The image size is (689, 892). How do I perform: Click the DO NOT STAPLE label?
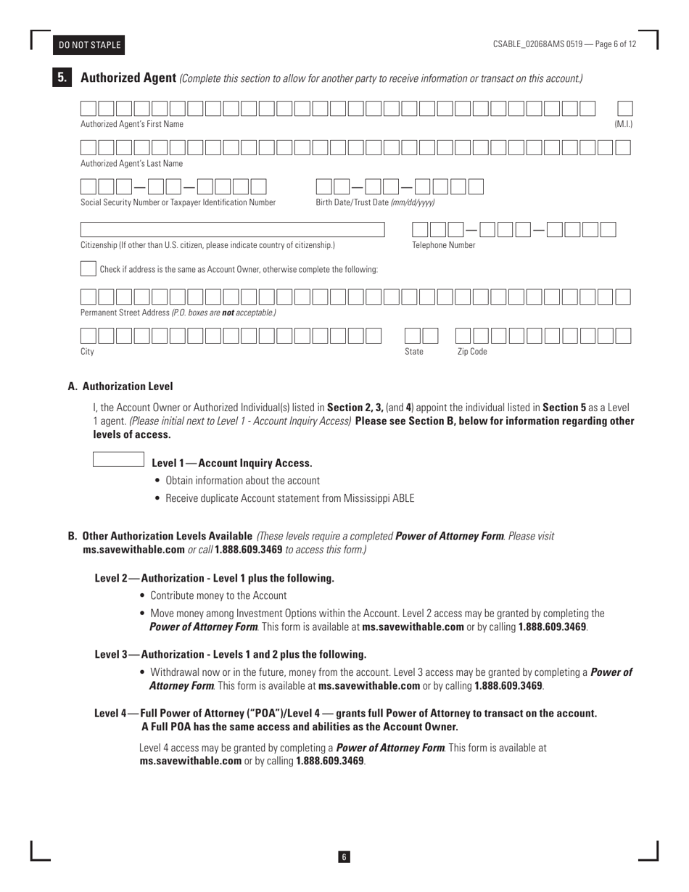coord(90,45)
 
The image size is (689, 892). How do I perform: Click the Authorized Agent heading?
coord(128,78)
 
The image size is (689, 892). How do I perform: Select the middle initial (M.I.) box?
coord(624,109)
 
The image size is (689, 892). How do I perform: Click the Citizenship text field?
coord(232,229)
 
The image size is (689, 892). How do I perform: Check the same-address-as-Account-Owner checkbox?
coord(88,268)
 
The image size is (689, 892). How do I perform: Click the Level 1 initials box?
coord(119,459)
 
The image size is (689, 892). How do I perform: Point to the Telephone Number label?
coord(443,245)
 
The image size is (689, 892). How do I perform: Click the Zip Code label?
coord(471,352)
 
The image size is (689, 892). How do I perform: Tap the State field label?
coord(413,352)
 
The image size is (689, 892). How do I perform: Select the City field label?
coord(87,352)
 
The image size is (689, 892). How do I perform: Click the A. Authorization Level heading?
coord(120,387)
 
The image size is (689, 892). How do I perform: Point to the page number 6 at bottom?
coord(344,857)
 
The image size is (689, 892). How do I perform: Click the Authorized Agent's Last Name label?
coord(131,163)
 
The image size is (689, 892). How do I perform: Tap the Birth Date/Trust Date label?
coord(375,202)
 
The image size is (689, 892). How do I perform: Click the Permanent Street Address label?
coord(178,313)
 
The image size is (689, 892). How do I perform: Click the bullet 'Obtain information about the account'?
coord(242,480)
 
